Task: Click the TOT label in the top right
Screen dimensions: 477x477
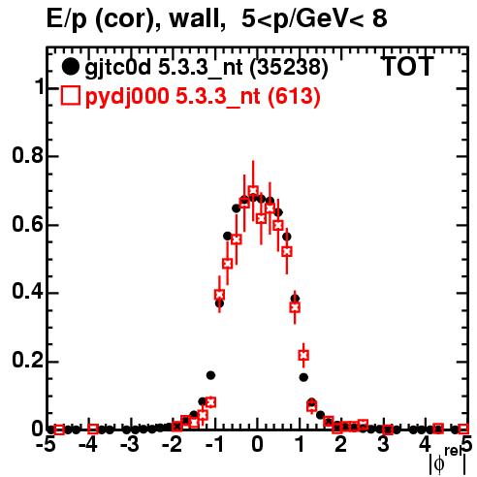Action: click(407, 66)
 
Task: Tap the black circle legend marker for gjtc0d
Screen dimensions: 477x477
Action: click(70, 67)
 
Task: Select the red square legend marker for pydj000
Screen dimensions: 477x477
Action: click(70, 95)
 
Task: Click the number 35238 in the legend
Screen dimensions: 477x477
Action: click(290, 67)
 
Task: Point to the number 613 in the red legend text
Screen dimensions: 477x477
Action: click(295, 96)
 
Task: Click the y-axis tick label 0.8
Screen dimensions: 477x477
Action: click(27, 155)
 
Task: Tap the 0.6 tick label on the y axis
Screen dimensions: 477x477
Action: click(27, 224)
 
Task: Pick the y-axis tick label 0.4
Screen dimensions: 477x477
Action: click(27, 292)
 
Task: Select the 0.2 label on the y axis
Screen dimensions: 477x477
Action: click(27, 361)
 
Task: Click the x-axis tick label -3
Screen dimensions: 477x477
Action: click(130, 445)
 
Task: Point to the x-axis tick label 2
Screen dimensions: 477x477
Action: click(341, 445)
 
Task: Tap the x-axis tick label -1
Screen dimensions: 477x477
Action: click(214, 445)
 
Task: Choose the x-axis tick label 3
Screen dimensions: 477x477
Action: click(383, 445)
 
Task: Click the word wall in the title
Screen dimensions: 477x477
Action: click(198, 18)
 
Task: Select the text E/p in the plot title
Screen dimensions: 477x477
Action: click(67, 19)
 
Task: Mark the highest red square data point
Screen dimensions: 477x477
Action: click(253, 191)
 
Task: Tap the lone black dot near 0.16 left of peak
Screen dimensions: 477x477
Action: click(210, 375)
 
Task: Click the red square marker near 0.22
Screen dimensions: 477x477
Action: click(303, 355)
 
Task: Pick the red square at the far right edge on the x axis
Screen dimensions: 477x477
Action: click(463, 429)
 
